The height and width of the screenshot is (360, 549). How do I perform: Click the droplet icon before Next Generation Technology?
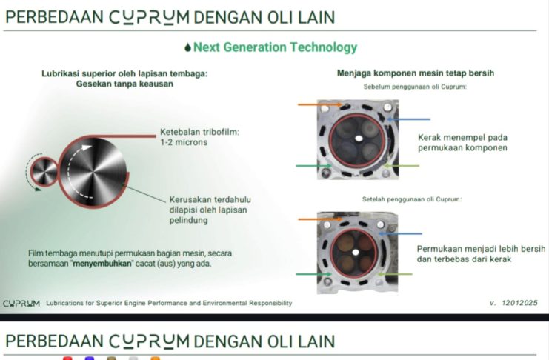187,48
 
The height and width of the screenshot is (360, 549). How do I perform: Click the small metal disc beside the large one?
44,172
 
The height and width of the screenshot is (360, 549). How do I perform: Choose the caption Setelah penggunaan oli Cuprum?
411,199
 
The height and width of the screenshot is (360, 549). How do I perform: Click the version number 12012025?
521,303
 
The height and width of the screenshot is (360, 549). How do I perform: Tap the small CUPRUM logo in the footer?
21,303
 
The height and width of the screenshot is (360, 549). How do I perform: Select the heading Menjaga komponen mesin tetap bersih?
415,73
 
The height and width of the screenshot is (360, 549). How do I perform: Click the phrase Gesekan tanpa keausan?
124,84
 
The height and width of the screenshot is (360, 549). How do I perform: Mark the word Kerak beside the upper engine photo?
430,137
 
